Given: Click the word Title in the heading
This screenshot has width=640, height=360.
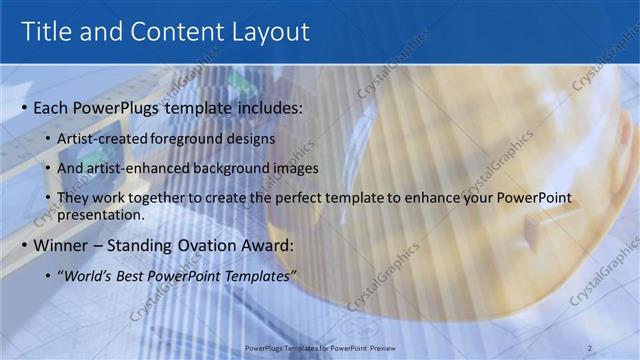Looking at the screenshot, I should tap(49, 32).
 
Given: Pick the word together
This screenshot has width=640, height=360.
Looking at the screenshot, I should tap(170, 198).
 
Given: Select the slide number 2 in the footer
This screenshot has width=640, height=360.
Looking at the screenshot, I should tap(590, 347).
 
